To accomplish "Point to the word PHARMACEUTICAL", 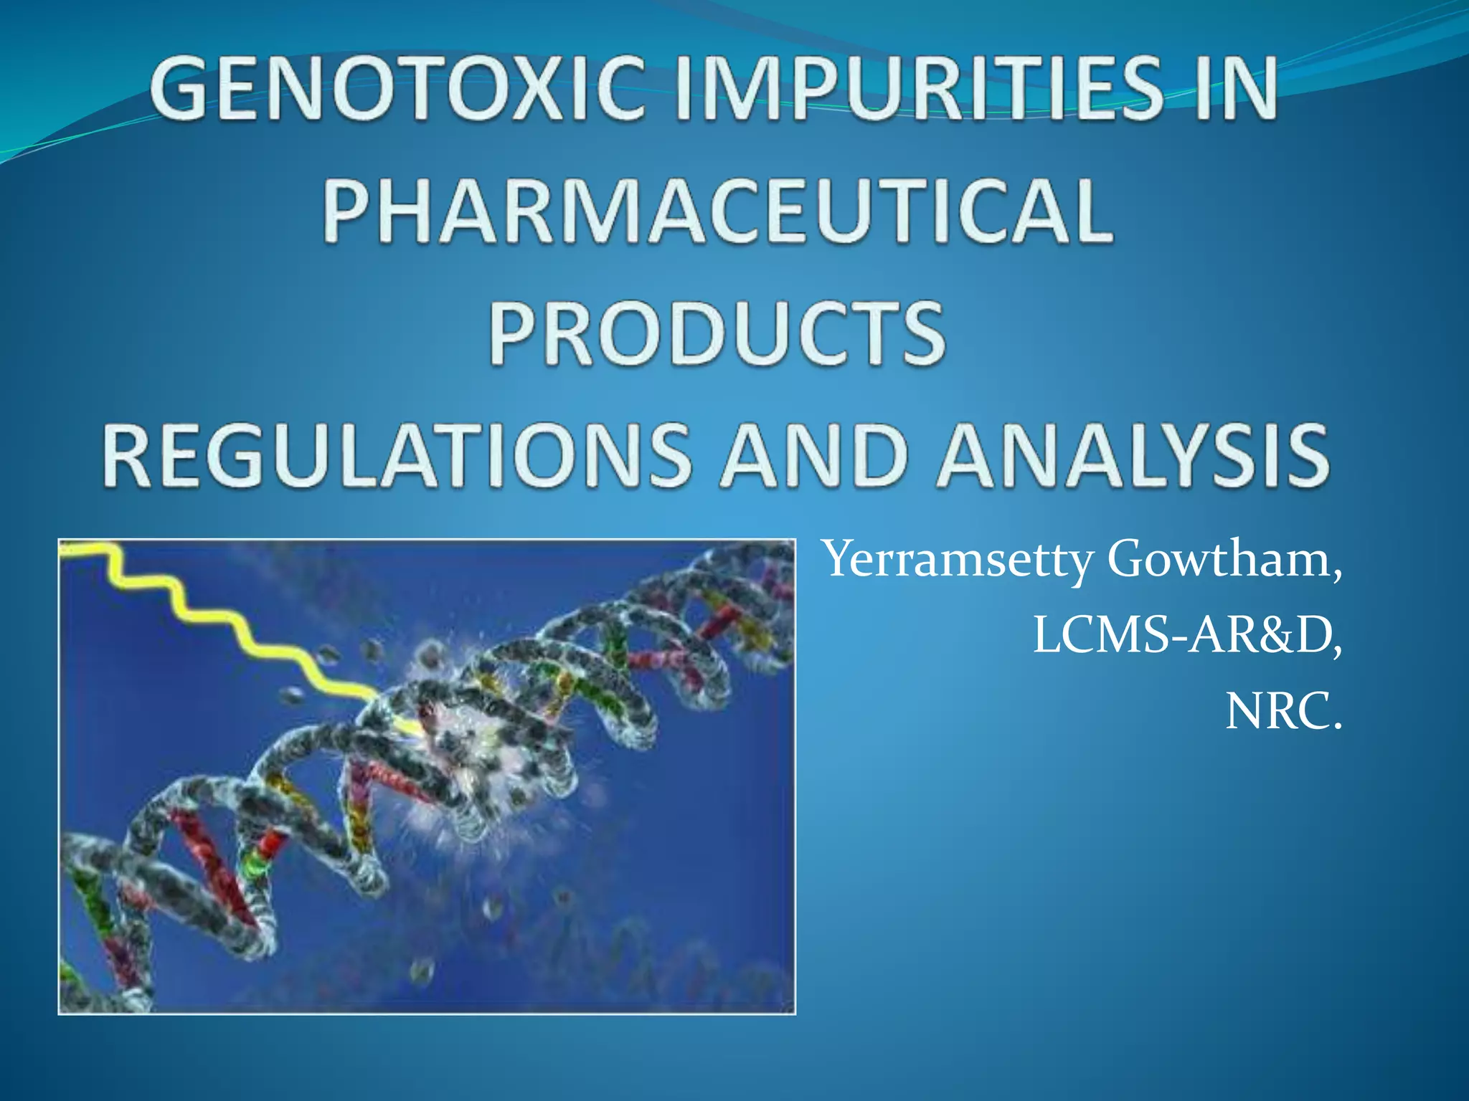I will [x=717, y=211].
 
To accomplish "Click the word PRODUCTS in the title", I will [x=717, y=333].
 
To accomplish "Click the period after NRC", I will [x=1335, y=727].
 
